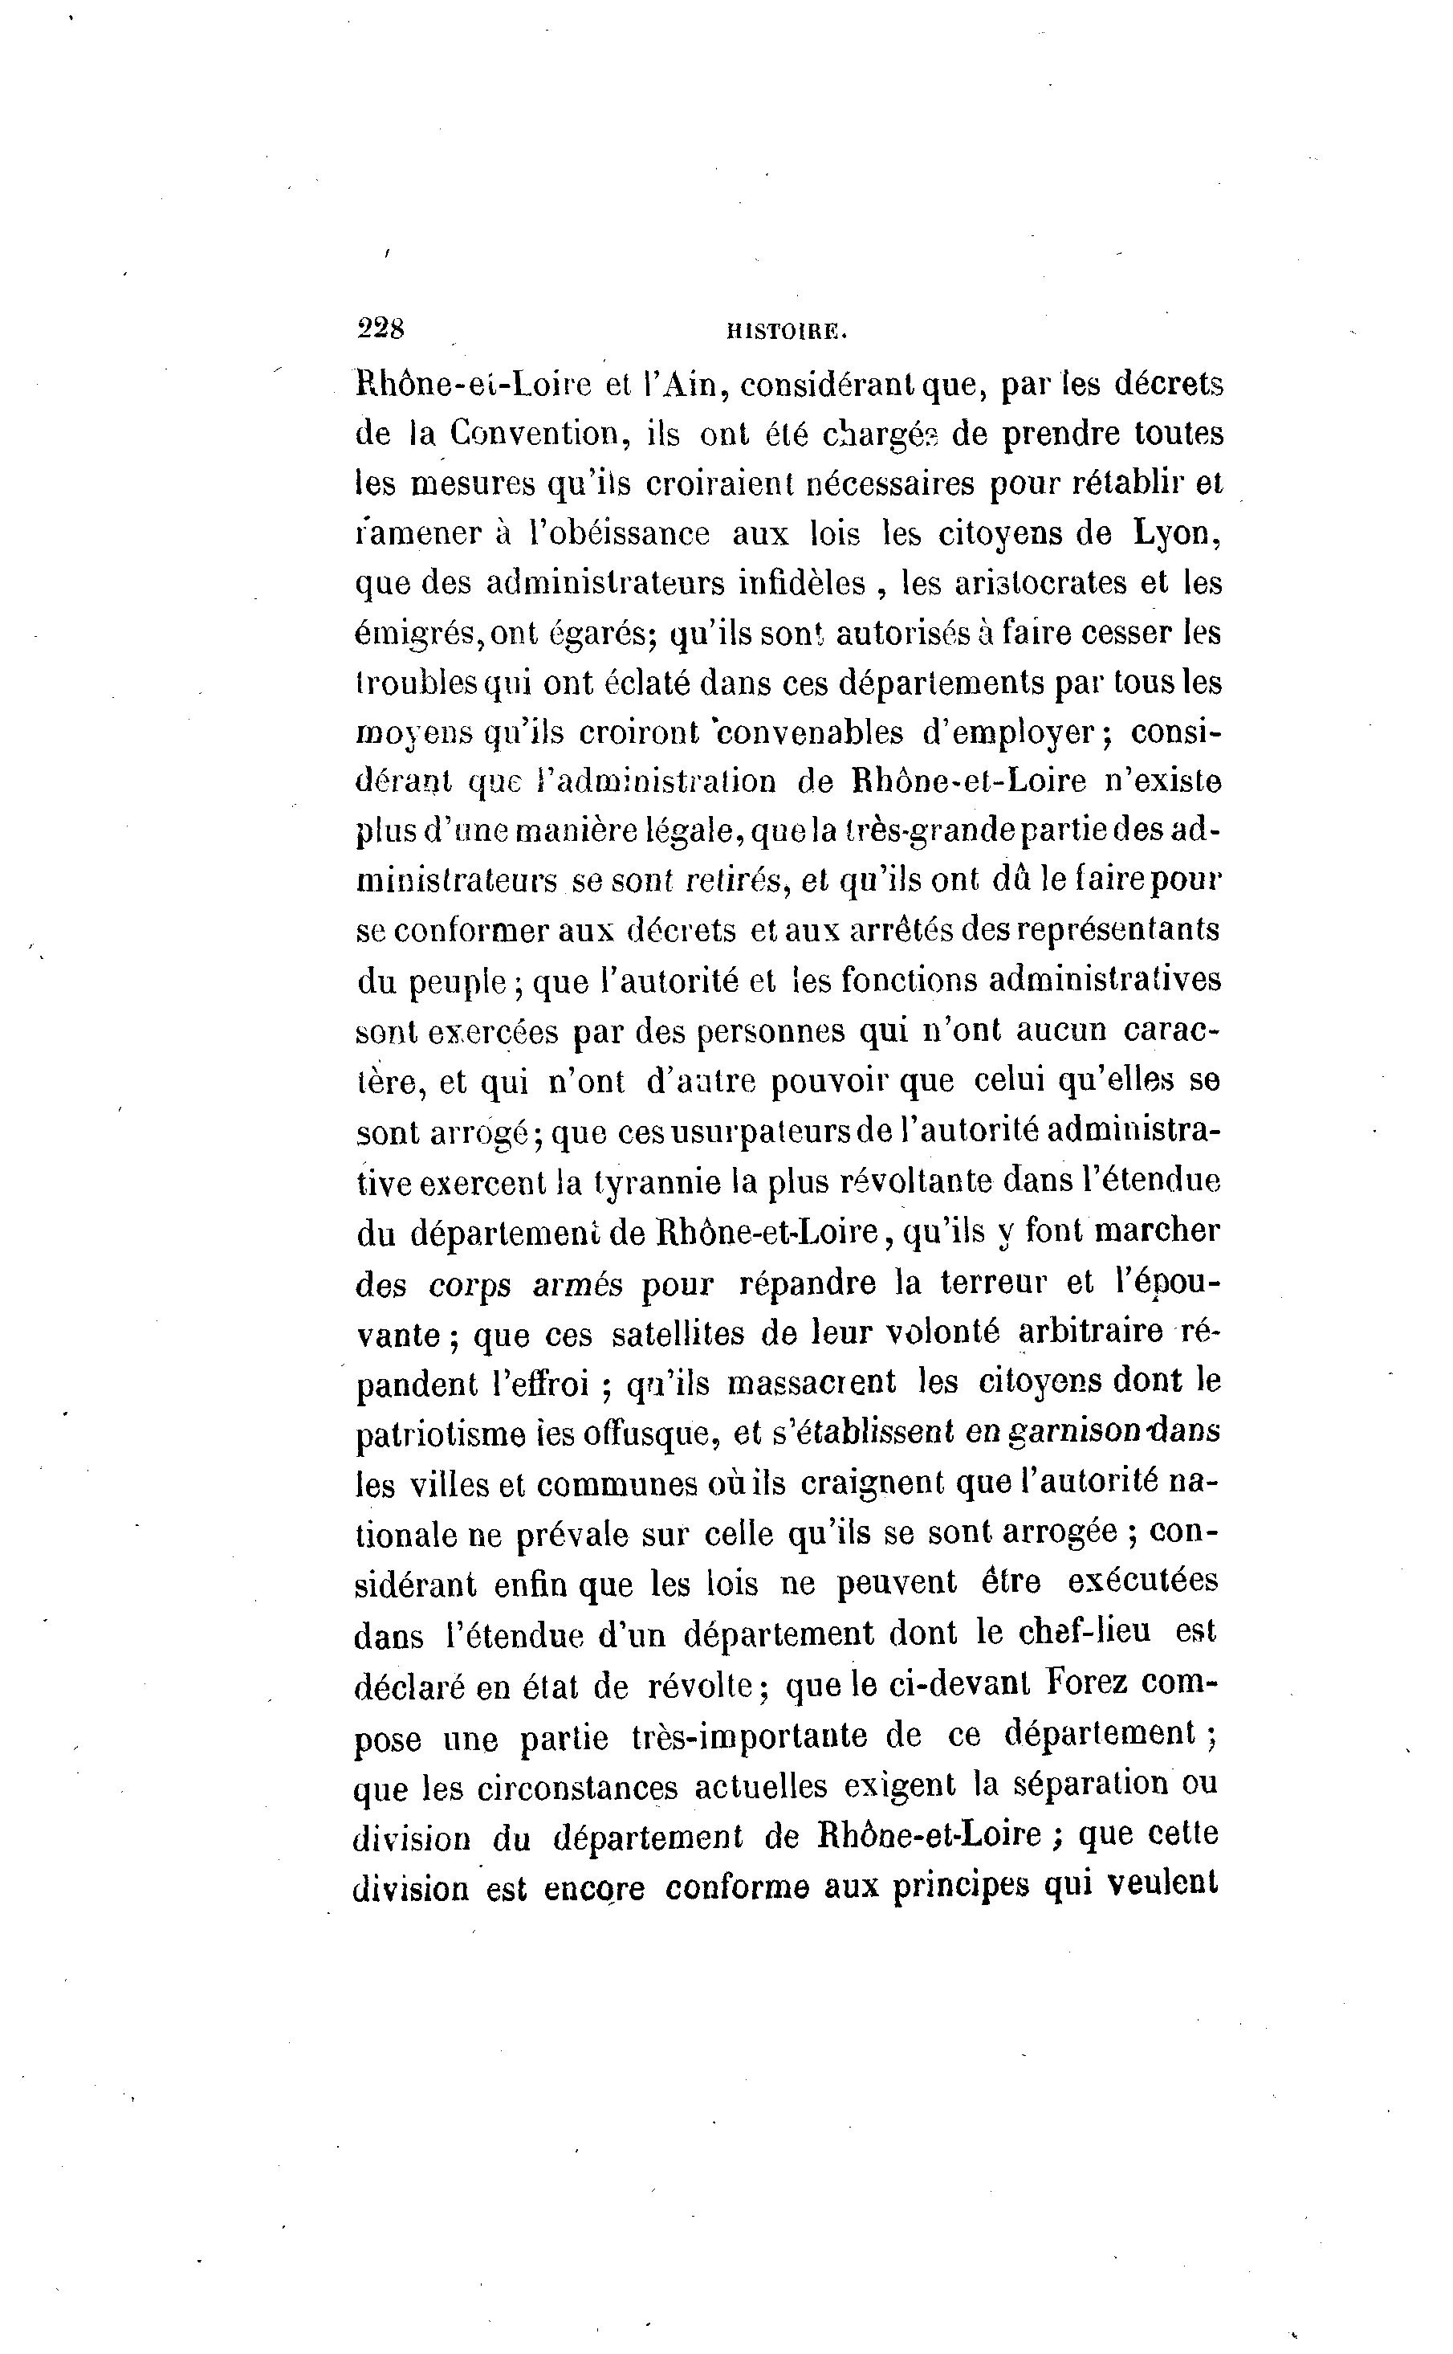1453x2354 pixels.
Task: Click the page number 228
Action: tap(381, 328)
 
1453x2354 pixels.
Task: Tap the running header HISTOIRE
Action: tap(786, 332)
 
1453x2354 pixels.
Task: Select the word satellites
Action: tap(678, 1333)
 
